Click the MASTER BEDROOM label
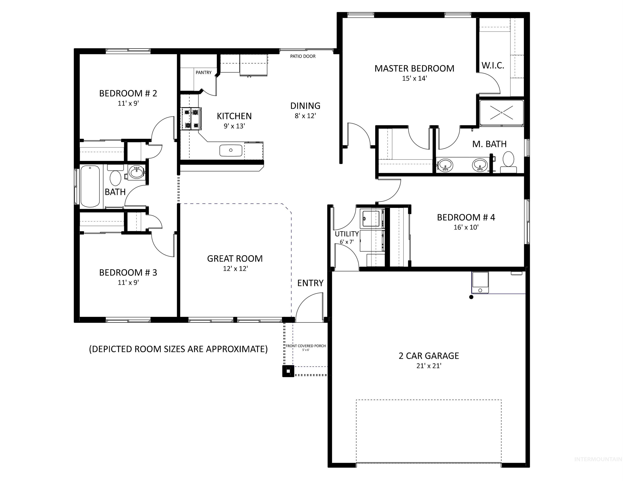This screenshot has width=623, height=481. click(x=414, y=69)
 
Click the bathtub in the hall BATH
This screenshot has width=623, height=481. click(x=90, y=186)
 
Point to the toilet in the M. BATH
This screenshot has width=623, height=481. click(x=508, y=161)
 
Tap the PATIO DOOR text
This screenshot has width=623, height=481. click(x=303, y=56)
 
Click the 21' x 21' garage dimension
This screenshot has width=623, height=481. click(x=429, y=366)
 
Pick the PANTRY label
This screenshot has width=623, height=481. click(x=203, y=73)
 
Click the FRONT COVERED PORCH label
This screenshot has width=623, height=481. click(x=306, y=346)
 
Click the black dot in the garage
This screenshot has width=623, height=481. click(x=471, y=297)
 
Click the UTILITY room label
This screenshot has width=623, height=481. click(x=347, y=234)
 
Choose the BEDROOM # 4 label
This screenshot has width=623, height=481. click(x=466, y=218)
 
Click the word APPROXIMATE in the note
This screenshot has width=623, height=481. click(x=236, y=349)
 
